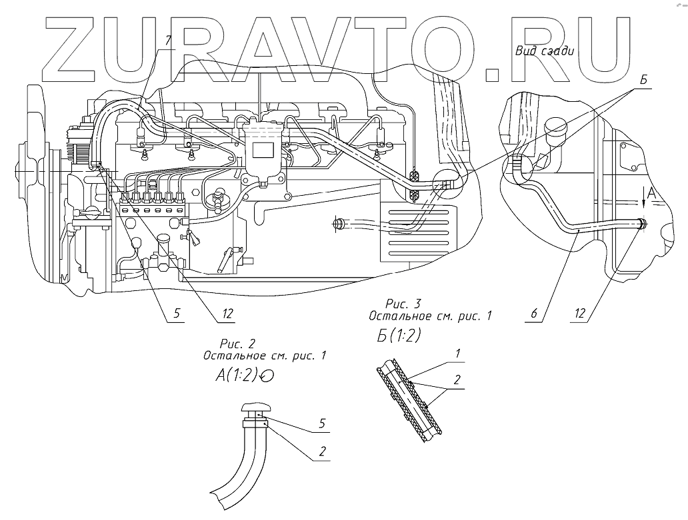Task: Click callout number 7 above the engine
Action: pos(169,41)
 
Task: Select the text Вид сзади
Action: pos(545,51)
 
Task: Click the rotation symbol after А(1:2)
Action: pos(269,377)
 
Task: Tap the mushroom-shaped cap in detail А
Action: pos(255,407)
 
